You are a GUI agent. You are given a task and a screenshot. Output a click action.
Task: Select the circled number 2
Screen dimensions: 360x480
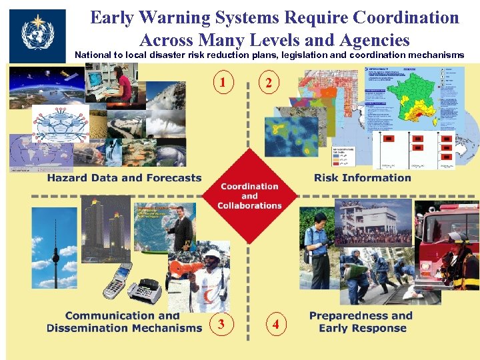268,83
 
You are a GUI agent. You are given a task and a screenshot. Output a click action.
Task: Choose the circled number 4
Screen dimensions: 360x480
275,325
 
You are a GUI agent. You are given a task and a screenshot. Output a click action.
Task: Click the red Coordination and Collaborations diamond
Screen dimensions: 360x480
249,196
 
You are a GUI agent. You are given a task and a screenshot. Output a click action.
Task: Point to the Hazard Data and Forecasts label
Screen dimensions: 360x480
124,178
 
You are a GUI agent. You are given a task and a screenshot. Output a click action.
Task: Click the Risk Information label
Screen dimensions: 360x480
363,178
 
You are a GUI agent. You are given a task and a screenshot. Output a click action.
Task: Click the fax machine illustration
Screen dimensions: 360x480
145,291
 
